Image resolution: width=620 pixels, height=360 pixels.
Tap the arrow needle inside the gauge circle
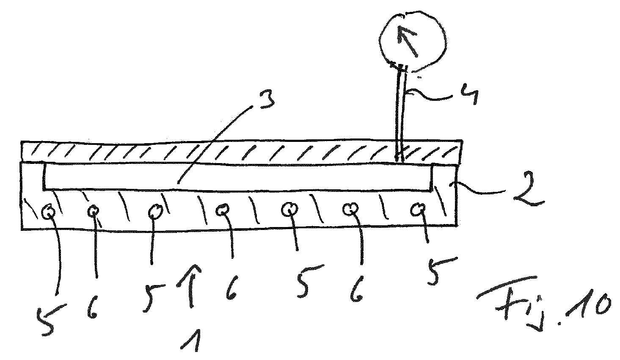tap(408, 40)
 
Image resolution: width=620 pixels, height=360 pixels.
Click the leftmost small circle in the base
tap(49, 210)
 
